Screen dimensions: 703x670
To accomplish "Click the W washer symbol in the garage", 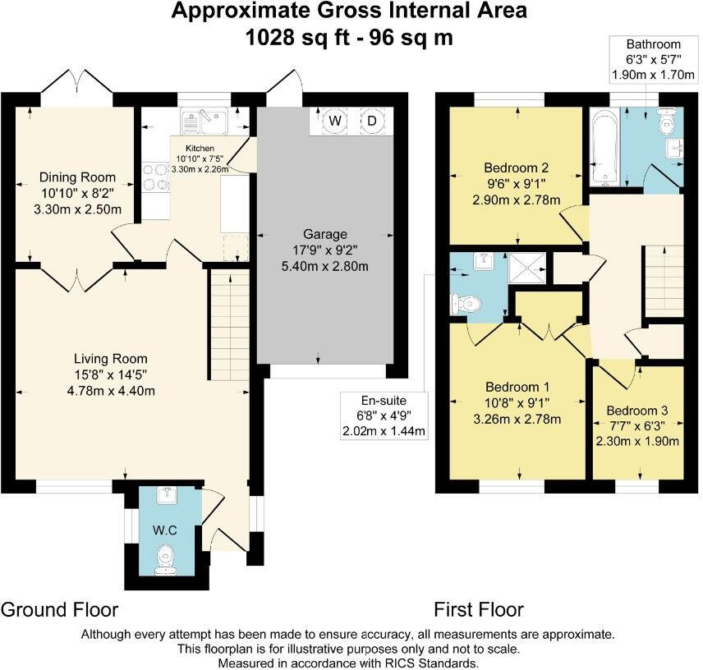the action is pyautogui.click(x=335, y=121).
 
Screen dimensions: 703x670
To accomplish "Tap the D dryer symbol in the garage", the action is pyautogui.click(x=372, y=121).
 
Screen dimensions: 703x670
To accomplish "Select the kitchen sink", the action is pyautogui.click(x=204, y=121).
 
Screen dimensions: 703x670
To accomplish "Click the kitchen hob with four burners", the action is pyautogui.click(x=155, y=177).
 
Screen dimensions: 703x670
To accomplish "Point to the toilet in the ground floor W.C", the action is pyautogui.click(x=165, y=559).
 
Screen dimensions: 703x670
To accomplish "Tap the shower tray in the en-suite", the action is pyautogui.click(x=528, y=268).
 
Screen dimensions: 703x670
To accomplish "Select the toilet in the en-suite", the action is pyautogui.click(x=466, y=305).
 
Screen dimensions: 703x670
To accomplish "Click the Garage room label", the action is pyautogui.click(x=325, y=234).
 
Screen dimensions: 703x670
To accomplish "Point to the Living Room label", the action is pyautogui.click(x=110, y=359).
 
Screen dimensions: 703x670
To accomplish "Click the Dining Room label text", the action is pyautogui.click(x=77, y=177).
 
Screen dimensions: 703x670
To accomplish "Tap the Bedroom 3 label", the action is pyautogui.click(x=637, y=411).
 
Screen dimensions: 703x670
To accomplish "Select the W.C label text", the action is pyautogui.click(x=164, y=530).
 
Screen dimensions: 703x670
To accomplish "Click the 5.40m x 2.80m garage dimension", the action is pyautogui.click(x=325, y=266).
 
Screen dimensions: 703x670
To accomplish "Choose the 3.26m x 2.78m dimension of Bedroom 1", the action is pyautogui.click(x=517, y=420).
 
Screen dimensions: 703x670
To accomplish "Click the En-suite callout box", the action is pyautogui.click(x=384, y=416).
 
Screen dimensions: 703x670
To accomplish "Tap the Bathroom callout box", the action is pyautogui.click(x=653, y=60).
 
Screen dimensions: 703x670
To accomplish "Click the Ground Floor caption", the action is pyautogui.click(x=60, y=610).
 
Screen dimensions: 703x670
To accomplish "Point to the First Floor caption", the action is pyautogui.click(x=479, y=610).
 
